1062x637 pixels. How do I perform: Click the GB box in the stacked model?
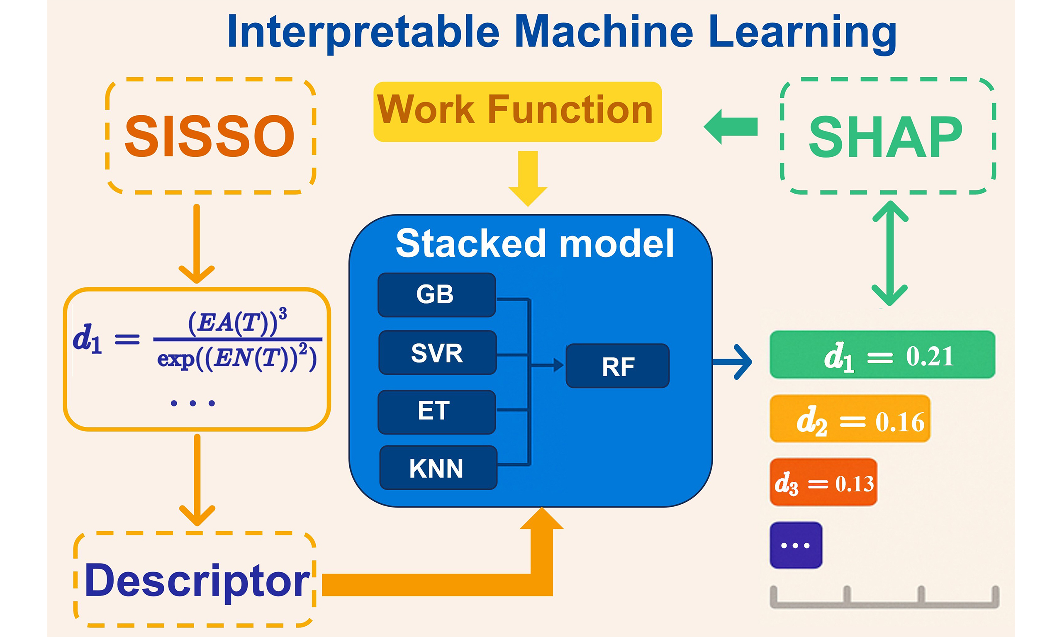(x=436, y=295)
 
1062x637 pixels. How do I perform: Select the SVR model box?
(x=437, y=353)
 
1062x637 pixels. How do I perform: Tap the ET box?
(x=436, y=412)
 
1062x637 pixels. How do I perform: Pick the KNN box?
(x=438, y=468)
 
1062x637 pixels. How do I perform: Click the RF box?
(x=617, y=366)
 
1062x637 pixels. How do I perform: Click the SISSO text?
(x=209, y=136)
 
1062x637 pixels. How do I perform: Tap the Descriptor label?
(x=197, y=581)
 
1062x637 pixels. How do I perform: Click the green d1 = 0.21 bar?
(x=882, y=355)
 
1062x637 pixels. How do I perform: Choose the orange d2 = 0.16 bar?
(x=850, y=419)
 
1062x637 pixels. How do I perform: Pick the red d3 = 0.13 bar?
(x=823, y=482)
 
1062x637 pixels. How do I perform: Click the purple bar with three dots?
(x=795, y=545)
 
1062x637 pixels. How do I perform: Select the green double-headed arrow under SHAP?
(x=890, y=253)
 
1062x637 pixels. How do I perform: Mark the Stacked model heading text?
(x=534, y=243)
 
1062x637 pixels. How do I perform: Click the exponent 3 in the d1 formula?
(x=283, y=314)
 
